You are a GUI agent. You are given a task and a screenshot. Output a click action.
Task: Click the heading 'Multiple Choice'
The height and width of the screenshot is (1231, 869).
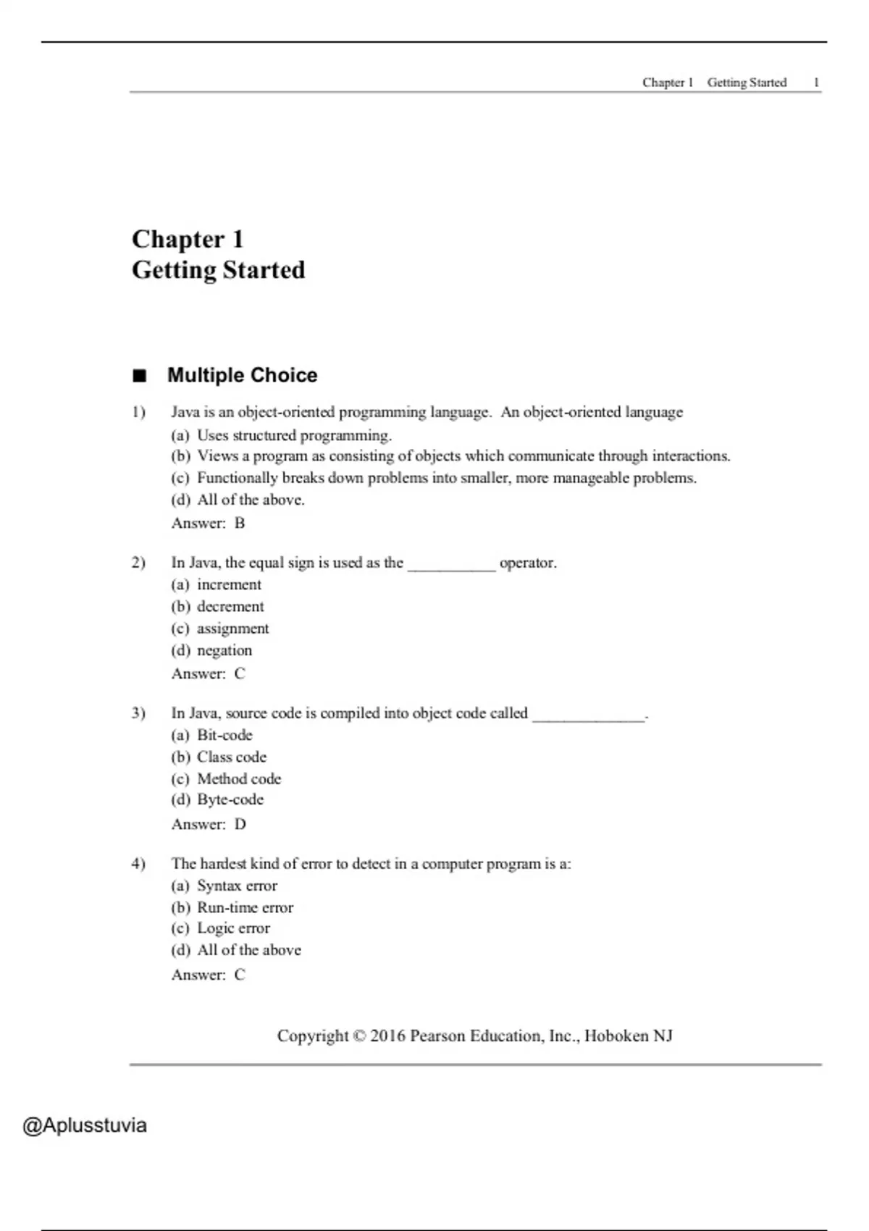click(242, 375)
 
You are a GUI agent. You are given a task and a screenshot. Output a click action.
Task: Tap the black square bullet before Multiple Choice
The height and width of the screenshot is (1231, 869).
click(139, 376)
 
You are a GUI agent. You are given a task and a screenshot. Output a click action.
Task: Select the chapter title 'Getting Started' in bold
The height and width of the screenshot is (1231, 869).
click(218, 270)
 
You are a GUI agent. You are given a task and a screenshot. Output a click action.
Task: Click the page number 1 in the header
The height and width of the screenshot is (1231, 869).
click(816, 83)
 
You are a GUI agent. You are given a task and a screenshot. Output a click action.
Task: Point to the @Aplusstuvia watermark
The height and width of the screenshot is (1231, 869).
click(85, 1125)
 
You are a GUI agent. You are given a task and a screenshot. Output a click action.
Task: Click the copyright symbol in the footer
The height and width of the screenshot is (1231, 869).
click(359, 1036)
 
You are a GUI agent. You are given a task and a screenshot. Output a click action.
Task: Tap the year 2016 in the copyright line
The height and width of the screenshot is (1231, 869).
click(387, 1036)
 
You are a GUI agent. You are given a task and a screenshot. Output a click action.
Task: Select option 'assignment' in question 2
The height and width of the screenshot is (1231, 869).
click(232, 629)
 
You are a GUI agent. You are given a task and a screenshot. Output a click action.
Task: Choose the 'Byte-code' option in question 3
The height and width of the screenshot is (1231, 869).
click(230, 799)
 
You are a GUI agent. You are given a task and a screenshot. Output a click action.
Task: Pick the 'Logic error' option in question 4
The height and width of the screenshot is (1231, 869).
click(233, 928)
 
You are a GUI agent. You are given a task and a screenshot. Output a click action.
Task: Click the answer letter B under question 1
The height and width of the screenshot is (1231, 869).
click(240, 523)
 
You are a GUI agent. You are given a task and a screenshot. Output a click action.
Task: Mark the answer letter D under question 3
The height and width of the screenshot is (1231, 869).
click(240, 824)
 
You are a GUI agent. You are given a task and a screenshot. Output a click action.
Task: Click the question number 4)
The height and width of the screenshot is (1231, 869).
click(138, 864)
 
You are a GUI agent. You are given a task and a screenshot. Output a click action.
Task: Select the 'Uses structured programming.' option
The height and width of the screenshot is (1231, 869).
click(294, 435)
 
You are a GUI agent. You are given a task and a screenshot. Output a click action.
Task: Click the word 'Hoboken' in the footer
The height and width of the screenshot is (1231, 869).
click(616, 1036)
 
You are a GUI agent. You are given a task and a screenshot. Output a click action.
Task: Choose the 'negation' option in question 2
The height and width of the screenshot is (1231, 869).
click(224, 650)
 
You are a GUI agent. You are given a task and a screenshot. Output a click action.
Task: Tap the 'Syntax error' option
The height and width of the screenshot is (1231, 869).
click(237, 886)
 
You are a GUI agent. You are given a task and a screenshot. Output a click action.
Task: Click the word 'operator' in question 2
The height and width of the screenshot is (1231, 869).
click(526, 563)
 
